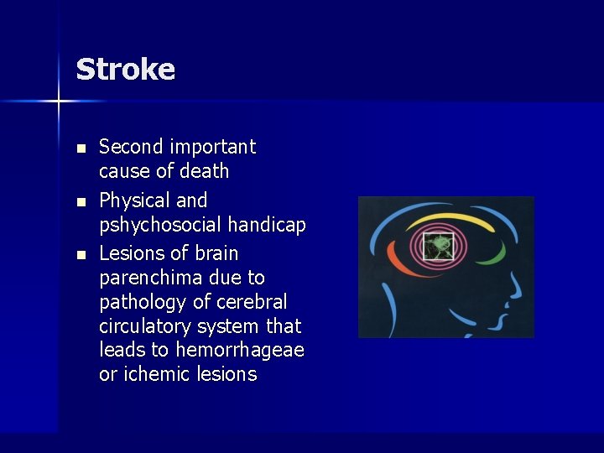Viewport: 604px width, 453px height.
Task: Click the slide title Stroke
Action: coord(125,69)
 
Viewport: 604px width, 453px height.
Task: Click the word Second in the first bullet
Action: coord(131,147)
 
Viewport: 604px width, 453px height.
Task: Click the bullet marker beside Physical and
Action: coord(81,201)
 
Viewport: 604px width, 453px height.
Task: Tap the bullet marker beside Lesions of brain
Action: coord(81,254)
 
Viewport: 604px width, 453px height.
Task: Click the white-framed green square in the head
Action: coord(436,247)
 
